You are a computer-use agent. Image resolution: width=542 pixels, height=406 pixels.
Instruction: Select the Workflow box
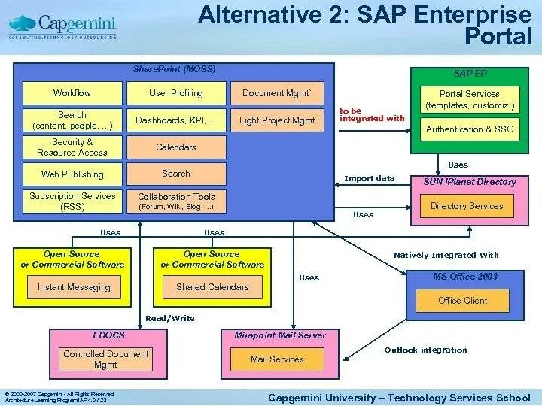[72, 93]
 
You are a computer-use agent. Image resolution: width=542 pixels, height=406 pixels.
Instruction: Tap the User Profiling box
[176, 93]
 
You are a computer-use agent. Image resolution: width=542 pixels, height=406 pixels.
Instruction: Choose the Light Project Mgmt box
[277, 120]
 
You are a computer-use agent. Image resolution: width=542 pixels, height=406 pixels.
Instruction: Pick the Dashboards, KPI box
[176, 120]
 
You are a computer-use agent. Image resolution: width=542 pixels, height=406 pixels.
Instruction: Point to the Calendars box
[176, 147]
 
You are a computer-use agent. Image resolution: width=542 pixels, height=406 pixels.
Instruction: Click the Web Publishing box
[72, 174]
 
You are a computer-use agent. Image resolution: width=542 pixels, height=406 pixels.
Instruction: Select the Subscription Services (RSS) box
[72, 201]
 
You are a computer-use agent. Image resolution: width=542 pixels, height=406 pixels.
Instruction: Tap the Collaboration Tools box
[176, 201]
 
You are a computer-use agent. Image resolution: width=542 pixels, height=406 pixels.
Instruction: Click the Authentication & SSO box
[470, 129]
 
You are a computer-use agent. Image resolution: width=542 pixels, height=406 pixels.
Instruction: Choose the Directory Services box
[467, 206]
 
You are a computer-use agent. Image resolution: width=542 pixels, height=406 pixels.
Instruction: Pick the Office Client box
[462, 301]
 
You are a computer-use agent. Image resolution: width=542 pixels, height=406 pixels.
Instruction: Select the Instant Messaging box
[74, 287]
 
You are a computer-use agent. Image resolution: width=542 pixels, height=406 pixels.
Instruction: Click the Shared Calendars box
[212, 287]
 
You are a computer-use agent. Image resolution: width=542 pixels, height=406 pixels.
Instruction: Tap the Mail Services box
[277, 359]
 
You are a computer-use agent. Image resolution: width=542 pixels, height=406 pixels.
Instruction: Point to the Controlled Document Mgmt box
[105, 359]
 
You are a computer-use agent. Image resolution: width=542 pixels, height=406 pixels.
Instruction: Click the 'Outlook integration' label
[425, 350]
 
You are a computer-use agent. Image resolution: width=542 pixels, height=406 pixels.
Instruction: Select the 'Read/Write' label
[170, 318]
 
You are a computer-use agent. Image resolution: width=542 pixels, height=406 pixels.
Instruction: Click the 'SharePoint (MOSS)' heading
[174, 69]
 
